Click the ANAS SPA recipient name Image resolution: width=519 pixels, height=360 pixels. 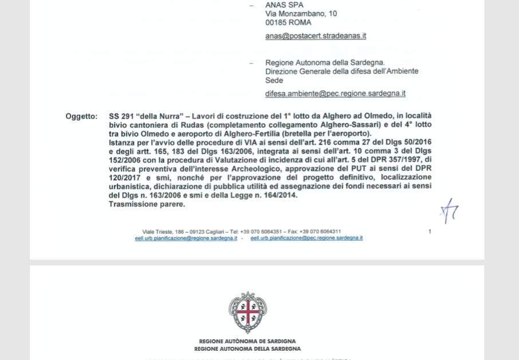point(284,5)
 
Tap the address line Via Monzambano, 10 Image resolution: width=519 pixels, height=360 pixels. point(301,14)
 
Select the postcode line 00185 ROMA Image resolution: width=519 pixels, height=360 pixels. point(288,23)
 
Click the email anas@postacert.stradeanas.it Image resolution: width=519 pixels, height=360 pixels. point(315,36)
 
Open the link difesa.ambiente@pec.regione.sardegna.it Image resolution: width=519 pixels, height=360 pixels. point(335,93)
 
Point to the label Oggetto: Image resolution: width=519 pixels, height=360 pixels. point(81,116)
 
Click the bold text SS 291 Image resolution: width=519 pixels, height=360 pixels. point(121,116)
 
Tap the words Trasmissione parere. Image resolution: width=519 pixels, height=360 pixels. point(147,204)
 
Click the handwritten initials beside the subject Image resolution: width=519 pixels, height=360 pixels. point(450,212)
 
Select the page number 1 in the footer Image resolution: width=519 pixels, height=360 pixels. point(430,232)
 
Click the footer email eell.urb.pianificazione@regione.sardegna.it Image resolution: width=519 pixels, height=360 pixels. point(186,238)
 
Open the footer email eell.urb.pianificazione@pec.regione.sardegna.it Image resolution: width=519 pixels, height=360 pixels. point(306,238)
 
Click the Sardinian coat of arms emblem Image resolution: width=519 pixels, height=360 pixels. point(247,312)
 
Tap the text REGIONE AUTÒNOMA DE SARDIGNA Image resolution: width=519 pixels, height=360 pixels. point(247,342)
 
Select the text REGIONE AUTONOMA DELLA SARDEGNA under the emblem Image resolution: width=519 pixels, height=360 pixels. point(247,349)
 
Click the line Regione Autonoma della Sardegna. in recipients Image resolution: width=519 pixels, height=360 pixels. point(325,62)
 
